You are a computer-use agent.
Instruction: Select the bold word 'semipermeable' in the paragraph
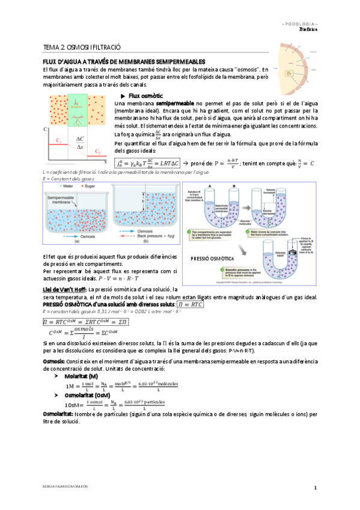(x=175, y=104)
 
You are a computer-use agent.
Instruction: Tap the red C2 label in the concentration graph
(x=97, y=153)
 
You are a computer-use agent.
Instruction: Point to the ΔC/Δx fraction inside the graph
(x=80, y=143)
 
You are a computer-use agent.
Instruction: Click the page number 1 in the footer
(x=315, y=487)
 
